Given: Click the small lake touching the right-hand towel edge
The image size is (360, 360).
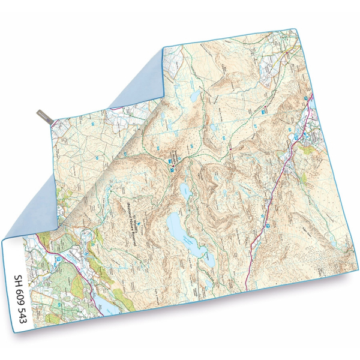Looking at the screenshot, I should (x=311, y=109).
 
